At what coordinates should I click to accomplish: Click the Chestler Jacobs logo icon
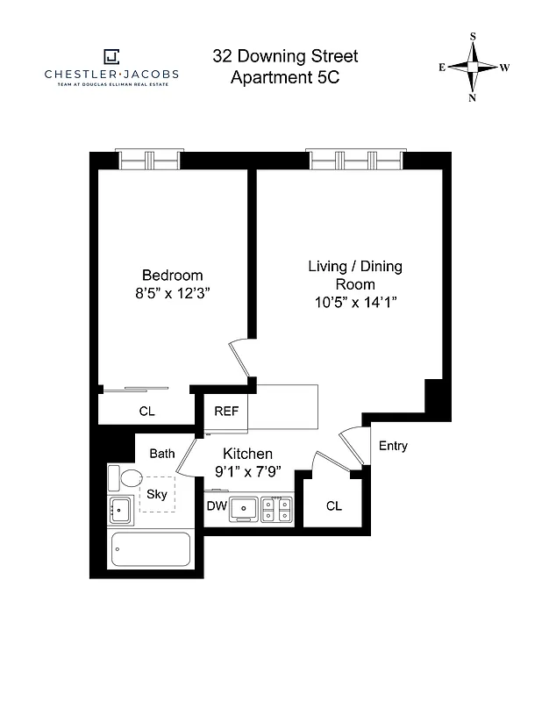pyautogui.click(x=111, y=57)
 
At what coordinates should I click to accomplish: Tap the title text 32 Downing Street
pyautogui.click(x=284, y=57)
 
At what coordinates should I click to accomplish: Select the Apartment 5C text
pyautogui.click(x=284, y=77)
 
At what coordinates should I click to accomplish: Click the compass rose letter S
pyautogui.click(x=474, y=37)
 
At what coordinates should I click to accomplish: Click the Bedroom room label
pyautogui.click(x=173, y=275)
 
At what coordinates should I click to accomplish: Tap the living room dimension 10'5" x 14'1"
pyautogui.click(x=355, y=303)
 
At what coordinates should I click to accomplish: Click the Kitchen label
pyautogui.click(x=247, y=454)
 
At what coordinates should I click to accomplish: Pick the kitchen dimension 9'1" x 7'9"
pyautogui.click(x=247, y=473)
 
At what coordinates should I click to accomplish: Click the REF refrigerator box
pyautogui.click(x=226, y=411)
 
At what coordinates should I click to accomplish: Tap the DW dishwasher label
pyautogui.click(x=217, y=506)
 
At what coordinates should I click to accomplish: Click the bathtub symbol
pyautogui.click(x=151, y=550)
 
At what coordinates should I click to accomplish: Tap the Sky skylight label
pyautogui.click(x=157, y=494)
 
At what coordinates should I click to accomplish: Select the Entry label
pyautogui.click(x=393, y=446)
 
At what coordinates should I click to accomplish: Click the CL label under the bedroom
pyautogui.click(x=147, y=410)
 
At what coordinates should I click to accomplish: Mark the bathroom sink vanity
pyautogui.click(x=119, y=509)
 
